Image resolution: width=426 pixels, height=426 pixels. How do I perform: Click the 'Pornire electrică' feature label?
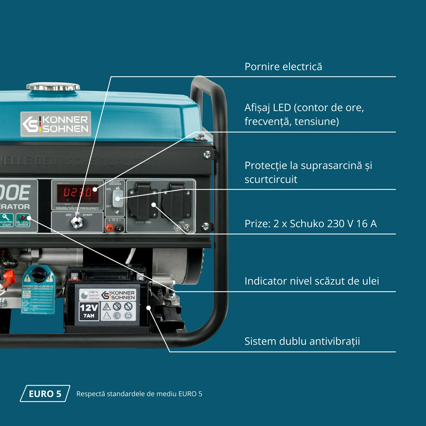tap(283, 67)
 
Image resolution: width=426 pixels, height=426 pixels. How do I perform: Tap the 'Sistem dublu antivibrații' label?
tap(302, 341)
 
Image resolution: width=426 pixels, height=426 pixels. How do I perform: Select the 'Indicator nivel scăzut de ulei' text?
tap(312, 281)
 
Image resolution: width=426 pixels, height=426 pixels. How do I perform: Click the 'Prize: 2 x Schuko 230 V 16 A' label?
tap(310, 224)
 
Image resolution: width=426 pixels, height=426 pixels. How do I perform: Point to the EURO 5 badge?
tap(45, 394)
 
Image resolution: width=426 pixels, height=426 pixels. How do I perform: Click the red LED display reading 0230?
tap(78, 193)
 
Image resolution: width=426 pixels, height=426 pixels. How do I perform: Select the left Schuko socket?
tap(143, 203)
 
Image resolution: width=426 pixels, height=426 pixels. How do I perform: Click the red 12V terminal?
tap(109, 227)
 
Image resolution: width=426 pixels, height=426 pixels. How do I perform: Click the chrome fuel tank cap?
tap(53, 87)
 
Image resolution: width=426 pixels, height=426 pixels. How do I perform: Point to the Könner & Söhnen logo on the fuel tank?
tap(56, 124)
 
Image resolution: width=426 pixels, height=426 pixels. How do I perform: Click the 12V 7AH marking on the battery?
tap(89, 311)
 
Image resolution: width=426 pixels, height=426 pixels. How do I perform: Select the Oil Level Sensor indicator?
tap(23, 220)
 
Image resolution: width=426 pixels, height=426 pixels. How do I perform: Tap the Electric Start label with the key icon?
tap(7, 220)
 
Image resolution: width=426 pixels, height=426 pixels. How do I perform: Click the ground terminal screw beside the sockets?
tap(187, 227)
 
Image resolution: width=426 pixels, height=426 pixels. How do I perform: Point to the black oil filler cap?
tap(39, 275)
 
